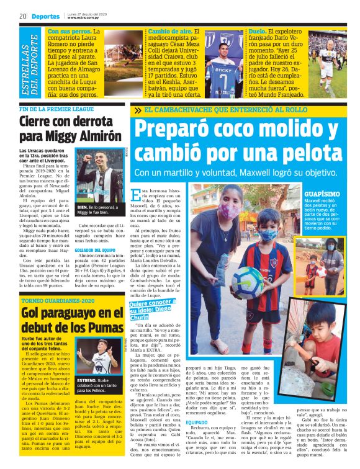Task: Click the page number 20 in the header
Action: coord(22,16)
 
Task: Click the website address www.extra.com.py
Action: coord(84,19)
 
